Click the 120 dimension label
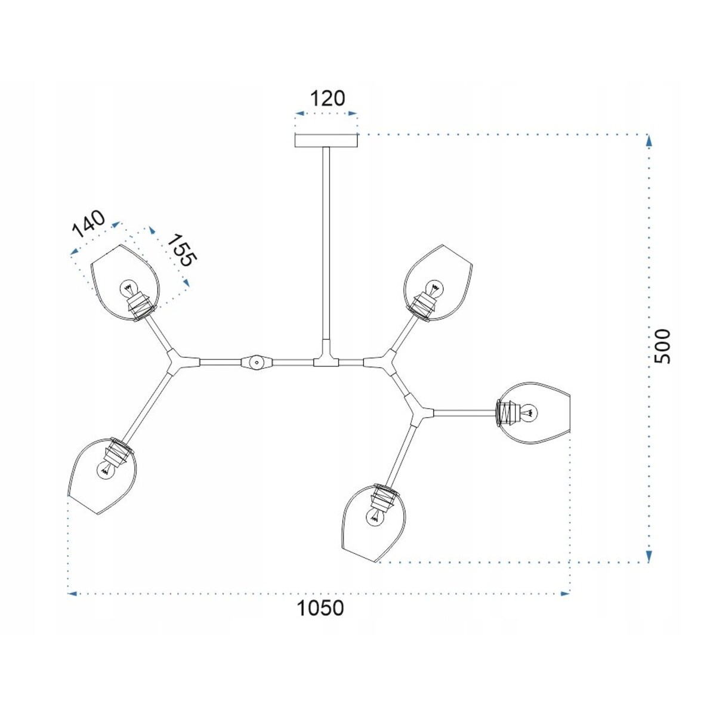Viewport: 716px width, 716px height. pos(328,98)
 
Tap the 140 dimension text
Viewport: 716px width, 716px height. pos(88,224)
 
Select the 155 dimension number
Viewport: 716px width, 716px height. pos(180,251)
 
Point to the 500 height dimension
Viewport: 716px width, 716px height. pos(662,346)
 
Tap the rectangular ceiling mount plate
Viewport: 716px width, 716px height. pos(326,140)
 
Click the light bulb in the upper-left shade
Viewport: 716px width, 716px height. pos(128,287)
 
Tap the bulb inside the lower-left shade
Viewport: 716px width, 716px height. pos(105,471)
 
